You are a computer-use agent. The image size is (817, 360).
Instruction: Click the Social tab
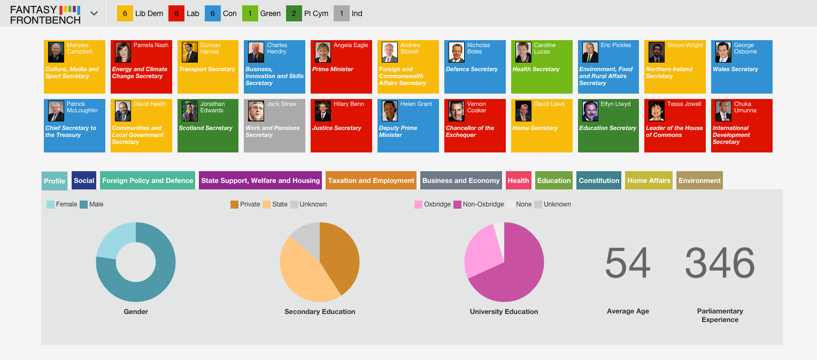[84, 180]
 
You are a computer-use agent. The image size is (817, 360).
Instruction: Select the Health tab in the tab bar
[518, 180]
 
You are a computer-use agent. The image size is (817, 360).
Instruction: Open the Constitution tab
[599, 180]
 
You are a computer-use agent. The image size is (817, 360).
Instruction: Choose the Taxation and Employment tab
[371, 180]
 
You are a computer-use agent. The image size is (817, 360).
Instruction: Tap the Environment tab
[699, 180]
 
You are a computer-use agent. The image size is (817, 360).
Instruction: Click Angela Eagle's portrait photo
[323, 52]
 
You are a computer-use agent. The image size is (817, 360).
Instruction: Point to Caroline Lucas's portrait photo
[523, 52]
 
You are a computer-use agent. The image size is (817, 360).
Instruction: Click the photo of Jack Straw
[256, 111]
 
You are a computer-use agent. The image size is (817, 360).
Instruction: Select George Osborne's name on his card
[745, 48]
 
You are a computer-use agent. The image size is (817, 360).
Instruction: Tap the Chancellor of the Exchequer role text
[470, 131]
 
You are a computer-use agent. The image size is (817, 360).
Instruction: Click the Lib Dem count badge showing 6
[125, 13]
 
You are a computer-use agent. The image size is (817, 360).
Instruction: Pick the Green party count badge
[250, 13]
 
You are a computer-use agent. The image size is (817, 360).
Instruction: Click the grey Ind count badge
[341, 13]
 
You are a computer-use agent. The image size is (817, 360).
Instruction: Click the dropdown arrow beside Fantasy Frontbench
[94, 13]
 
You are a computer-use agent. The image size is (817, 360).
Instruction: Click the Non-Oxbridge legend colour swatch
[457, 204]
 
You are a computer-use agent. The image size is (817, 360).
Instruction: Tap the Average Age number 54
[628, 262]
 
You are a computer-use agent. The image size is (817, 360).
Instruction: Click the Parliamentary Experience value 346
[720, 262]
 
